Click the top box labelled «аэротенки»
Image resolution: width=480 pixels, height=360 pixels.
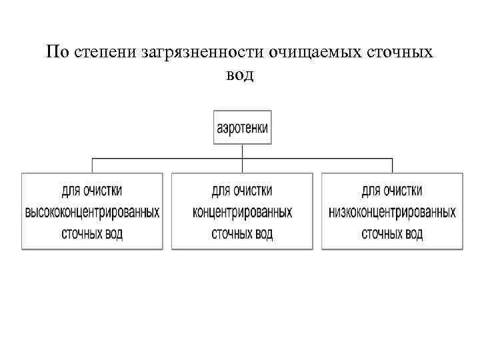tap(243, 127)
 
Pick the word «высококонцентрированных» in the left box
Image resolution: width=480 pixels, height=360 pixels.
tap(92, 213)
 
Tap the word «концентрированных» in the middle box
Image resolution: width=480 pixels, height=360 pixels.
tap(242, 213)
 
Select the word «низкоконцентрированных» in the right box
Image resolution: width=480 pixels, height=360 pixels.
tap(392, 213)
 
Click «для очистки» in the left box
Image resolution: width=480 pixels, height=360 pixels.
tap(92, 191)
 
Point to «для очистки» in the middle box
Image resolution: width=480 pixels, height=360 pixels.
tap(242, 191)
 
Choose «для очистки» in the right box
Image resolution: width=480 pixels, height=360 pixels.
tap(392, 191)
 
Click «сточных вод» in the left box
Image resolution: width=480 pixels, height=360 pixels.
tap(92, 234)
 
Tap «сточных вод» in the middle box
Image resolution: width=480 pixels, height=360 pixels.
tap(242, 234)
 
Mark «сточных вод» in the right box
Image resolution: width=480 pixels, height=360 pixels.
tap(392, 234)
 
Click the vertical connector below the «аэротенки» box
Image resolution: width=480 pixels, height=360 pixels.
tap(243, 151)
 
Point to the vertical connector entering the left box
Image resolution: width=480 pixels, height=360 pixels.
tap(92, 166)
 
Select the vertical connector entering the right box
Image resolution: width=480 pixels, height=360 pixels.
tap(392, 166)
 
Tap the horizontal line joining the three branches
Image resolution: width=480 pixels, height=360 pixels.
tap(167, 159)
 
